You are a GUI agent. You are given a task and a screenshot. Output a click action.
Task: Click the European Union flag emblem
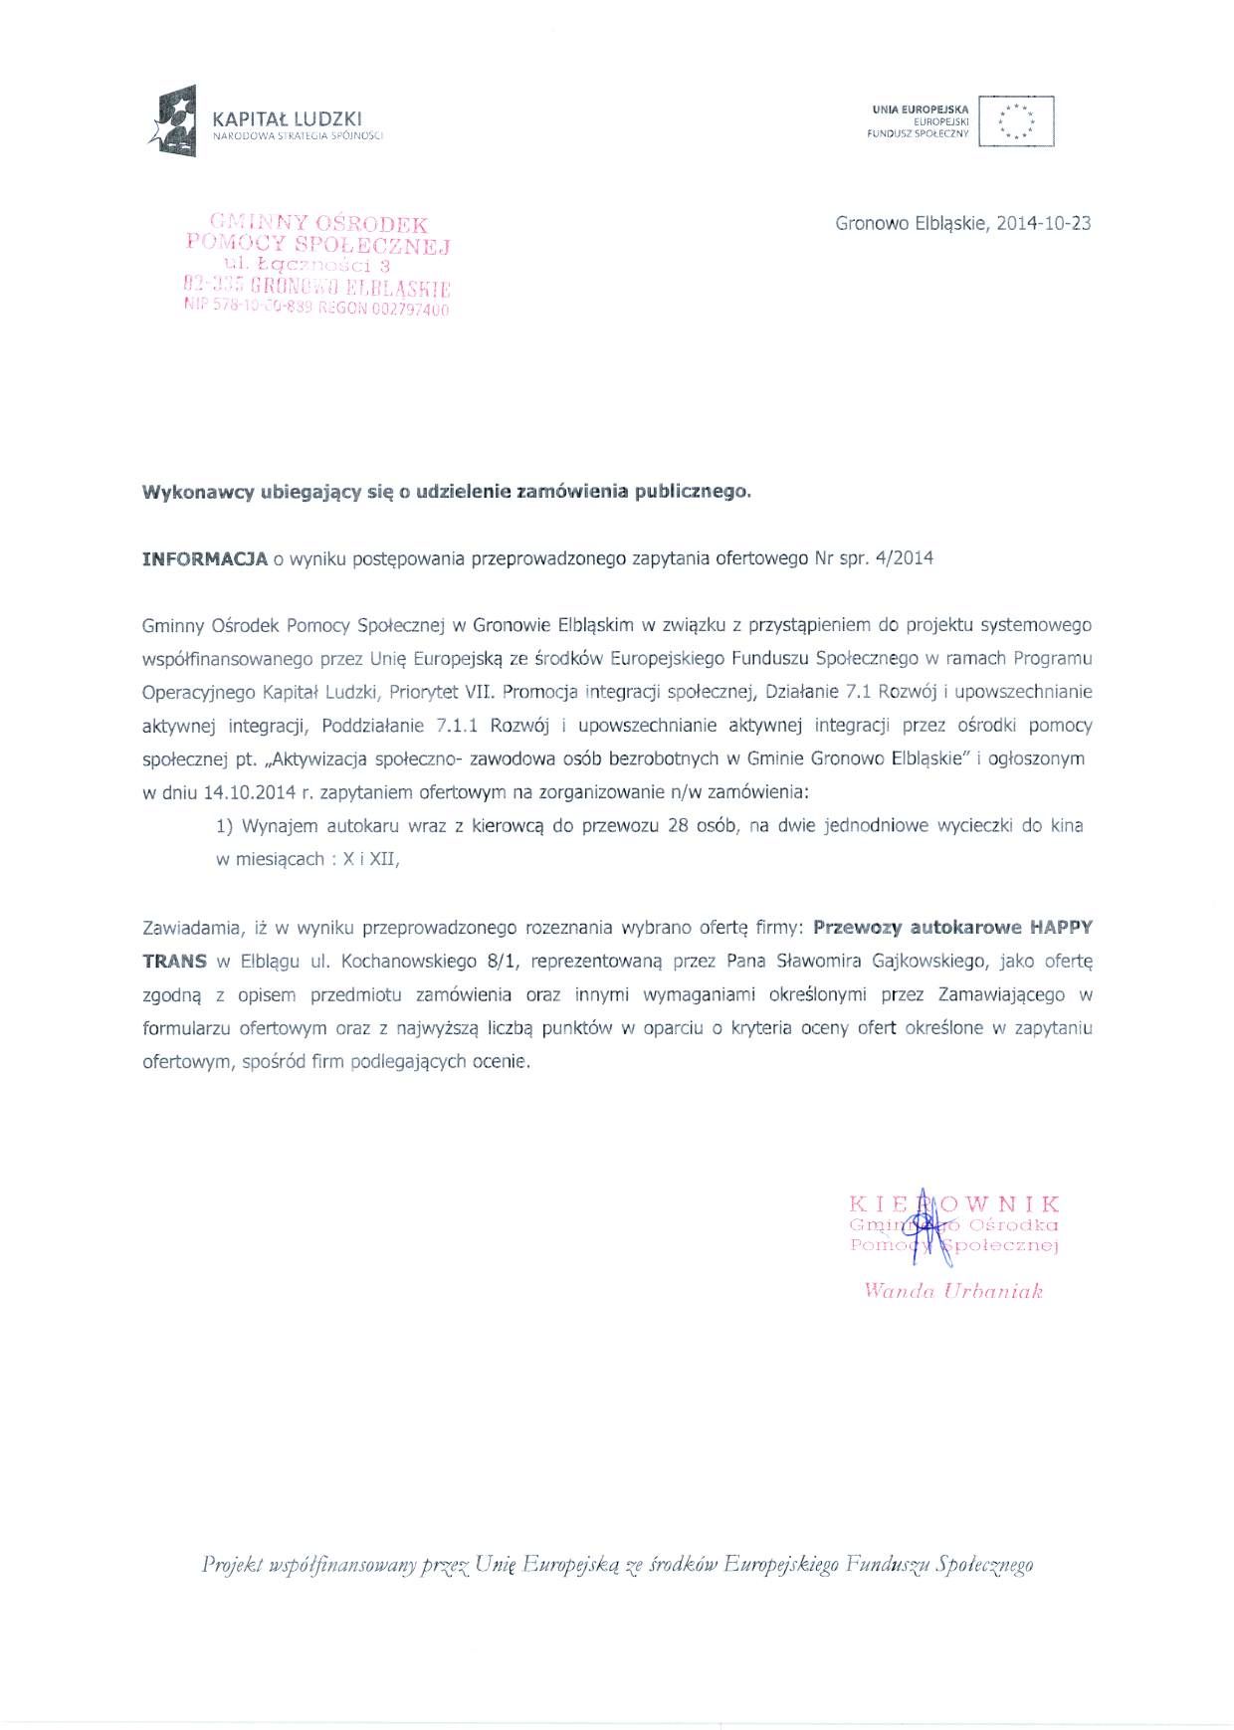(1016, 121)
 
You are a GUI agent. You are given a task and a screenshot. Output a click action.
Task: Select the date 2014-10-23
(1044, 223)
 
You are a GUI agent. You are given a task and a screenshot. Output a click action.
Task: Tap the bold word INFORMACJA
(205, 558)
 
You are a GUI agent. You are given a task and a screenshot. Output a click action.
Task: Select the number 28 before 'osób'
(681, 826)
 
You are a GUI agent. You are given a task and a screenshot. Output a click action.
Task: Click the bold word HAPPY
(1061, 928)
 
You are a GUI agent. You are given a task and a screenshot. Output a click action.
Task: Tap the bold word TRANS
(174, 962)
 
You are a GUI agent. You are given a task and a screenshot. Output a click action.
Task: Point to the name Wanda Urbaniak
(952, 1292)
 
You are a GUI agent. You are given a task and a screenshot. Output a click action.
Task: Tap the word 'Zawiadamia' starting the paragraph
(192, 928)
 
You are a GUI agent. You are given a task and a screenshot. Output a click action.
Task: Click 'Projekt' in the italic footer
(230, 1565)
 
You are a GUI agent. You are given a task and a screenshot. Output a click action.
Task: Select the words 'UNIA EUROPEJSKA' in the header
(920, 108)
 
